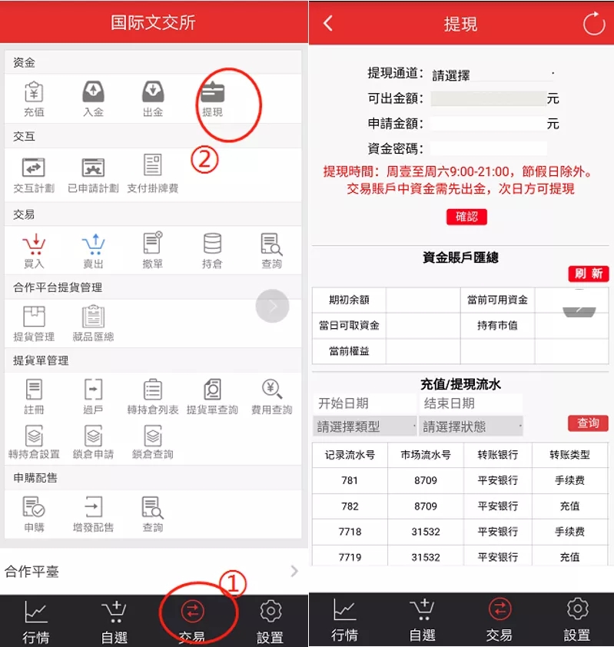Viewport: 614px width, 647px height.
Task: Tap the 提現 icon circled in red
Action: (x=213, y=91)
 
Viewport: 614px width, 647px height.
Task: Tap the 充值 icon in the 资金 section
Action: (x=34, y=91)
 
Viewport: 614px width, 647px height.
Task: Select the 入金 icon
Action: (x=93, y=91)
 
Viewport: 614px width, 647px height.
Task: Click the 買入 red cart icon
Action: (x=34, y=244)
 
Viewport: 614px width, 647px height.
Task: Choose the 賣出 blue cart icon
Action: (x=93, y=244)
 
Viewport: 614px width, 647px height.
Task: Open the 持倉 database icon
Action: (x=213, y=244)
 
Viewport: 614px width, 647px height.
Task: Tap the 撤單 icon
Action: (x=153, y=243)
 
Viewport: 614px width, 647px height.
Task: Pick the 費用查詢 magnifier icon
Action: (x=272, y=389)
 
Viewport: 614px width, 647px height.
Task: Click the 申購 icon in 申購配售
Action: (x=34, y=507)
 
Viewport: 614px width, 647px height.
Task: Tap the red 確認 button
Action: (x=466, y=217)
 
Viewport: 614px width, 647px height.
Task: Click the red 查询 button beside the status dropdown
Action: (x=588, y=423)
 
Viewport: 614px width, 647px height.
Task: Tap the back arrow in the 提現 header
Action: (x=328, y=24)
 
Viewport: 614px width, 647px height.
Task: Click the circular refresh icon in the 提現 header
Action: (x=594, y=24)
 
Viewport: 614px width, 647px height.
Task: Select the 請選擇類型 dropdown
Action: (x=365, y=426)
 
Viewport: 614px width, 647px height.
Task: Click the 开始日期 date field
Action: (x=365, y=403)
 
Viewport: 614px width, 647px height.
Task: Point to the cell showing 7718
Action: (x=350, y=532)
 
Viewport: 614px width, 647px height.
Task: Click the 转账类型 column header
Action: (x=570, y=455)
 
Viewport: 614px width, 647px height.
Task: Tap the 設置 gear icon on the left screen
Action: (x=270, y=611)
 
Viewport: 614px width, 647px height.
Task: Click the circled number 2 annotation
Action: (x=204, y=160)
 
